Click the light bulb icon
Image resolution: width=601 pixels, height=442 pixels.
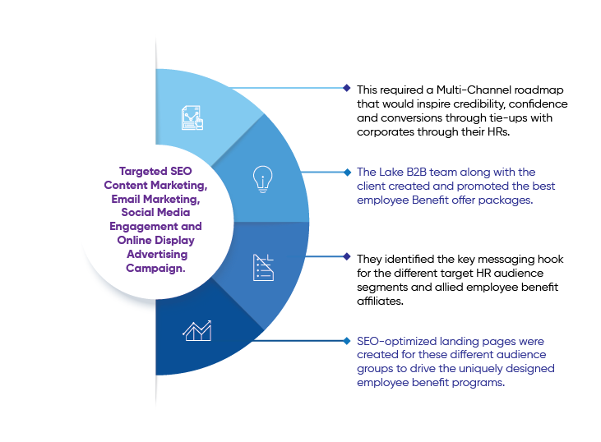click(262, 179)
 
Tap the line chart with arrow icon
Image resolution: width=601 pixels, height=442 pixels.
click(197, 330)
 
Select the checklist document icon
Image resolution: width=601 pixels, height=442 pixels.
click(263, 267)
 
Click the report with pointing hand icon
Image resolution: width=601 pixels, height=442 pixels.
click(192, 118)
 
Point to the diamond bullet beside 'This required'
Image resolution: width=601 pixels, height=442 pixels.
click(347, 88)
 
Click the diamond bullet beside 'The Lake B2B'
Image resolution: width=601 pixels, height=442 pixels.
click(347, 173)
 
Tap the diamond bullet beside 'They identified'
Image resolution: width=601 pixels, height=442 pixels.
click(347, 256)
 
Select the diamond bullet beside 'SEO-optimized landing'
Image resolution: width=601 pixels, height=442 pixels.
click(347, 341)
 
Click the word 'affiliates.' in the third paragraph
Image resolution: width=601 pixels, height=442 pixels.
click(380, 301)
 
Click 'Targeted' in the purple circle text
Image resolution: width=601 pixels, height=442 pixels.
click(143, 171)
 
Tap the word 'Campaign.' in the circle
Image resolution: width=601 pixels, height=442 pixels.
click(155, 268)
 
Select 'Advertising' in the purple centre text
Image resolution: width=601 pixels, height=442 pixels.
click(157, 255)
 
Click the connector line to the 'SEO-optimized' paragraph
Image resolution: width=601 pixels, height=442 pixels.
click(298, 340)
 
